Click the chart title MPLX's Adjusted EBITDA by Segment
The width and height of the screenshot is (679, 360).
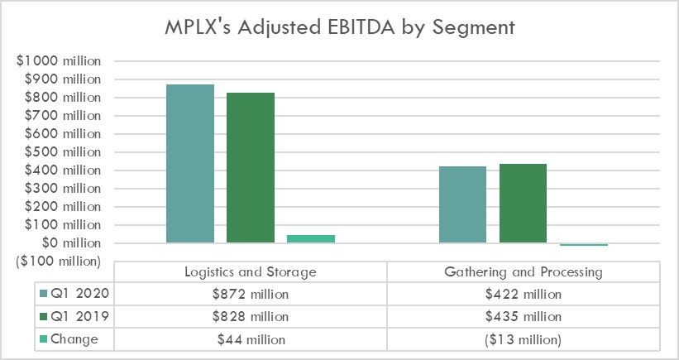click(339, 28)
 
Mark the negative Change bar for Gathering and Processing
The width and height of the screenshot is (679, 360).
click(583, 244)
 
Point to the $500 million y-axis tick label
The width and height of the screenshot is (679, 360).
click(58, 152)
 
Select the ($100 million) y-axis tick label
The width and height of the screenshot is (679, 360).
click(55, 262)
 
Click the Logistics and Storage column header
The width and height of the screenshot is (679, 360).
click(250, 271)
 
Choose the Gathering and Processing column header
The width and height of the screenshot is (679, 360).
click(523, 271)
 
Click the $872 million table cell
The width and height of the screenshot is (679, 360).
click(250, 294)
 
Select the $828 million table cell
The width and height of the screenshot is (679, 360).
click(250, 316)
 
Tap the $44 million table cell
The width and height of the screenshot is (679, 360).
click(250, 338)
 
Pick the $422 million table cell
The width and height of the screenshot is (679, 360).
click(523, 294)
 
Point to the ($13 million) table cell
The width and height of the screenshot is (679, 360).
click(523, 338)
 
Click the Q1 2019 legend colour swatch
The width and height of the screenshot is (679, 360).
click(43, 316)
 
